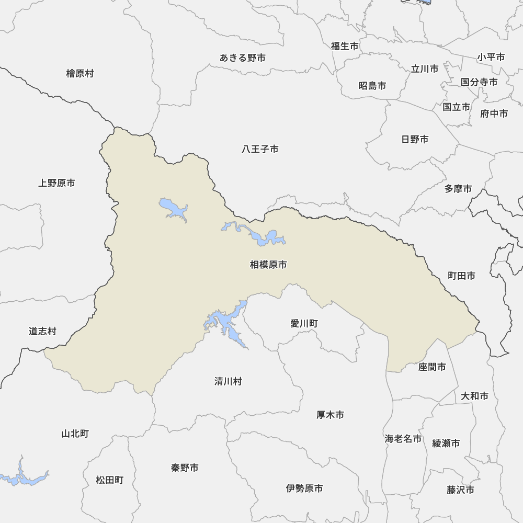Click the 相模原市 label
coord(268,265)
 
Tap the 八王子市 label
coord(260,150)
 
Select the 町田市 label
coord(461,276)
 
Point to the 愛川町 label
coord(304,324)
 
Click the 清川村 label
coord(228,381)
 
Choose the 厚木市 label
coord(330,415)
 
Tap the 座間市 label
coord(432,367)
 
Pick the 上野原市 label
coord(56,183)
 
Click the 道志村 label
coord(42,331)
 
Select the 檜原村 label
coord(79,73)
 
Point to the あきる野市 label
coord(242,58)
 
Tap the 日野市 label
coord(415,139)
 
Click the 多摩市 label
coord(458,188)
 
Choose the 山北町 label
coord(75,434)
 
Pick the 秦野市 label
coord(185,468)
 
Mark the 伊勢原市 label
coord(304,488)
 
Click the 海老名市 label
coord(403,439)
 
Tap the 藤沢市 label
coord(460,490)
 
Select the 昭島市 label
coord(372,85)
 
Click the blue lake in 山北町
coord(24,477)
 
